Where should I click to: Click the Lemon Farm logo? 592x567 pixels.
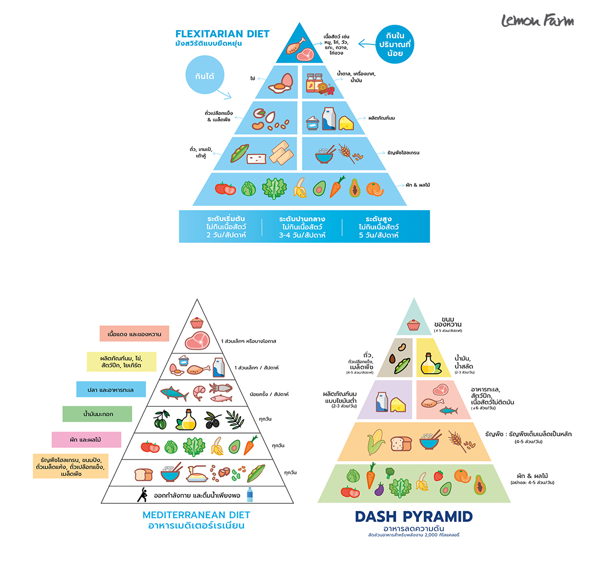(x=537, y=21)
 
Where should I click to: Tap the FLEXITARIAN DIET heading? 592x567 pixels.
(x=222, y=34)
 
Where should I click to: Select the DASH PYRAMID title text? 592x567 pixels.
(x=414, y=517)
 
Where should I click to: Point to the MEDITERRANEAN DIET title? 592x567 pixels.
(x=196, y=515)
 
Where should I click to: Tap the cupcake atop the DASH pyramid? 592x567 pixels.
(x=414, y=325)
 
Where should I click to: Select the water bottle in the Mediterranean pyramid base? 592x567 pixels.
(x=250, y=495)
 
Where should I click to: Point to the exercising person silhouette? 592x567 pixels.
(x=141, y=494)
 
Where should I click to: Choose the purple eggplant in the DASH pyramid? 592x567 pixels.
(x=379, y=489)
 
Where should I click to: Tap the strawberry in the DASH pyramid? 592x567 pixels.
(x=439, y=475)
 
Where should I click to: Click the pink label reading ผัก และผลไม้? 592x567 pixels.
(x=87, y=440)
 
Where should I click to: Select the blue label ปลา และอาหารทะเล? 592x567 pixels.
(x=111, y=389)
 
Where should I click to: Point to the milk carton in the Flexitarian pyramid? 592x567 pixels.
(x=328, y=119)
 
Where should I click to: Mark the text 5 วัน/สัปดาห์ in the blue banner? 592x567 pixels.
(x=378, y=235)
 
